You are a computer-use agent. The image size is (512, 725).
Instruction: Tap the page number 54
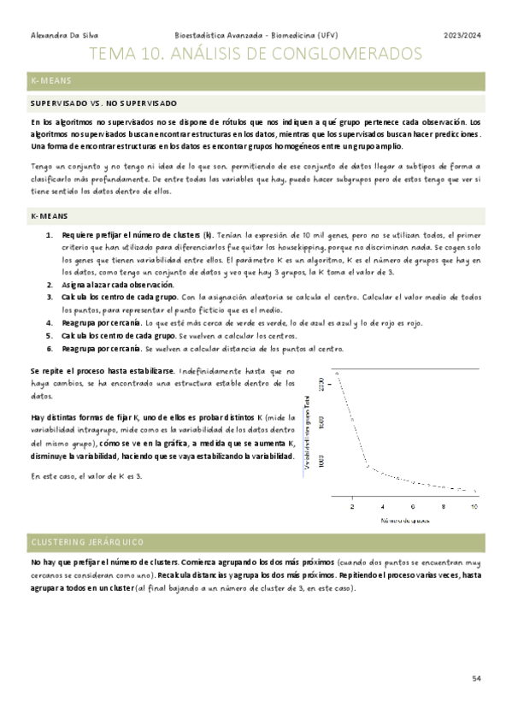pyautogui.click(x=477, y=678)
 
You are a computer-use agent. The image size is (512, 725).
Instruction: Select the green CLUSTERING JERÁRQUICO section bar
pyautogui.click(x=256, y=542)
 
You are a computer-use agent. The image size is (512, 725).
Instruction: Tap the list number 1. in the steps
pyautogui.click(x=50, y=233)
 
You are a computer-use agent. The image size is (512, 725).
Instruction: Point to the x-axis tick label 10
pyautogui.click(x=475, y=507)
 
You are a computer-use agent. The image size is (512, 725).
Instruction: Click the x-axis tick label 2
pyautogui.click(x=352, y=507)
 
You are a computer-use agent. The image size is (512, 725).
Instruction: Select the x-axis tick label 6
pyautogui.click(x=414, y=507)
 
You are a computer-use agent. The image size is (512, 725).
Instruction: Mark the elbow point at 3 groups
pyautogui.click(x=368, y=466)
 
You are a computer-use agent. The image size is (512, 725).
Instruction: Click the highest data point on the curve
pyautogui.click(x=338, y=374)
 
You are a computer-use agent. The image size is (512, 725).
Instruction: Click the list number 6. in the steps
pyautogui.click(x=50, y=349)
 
